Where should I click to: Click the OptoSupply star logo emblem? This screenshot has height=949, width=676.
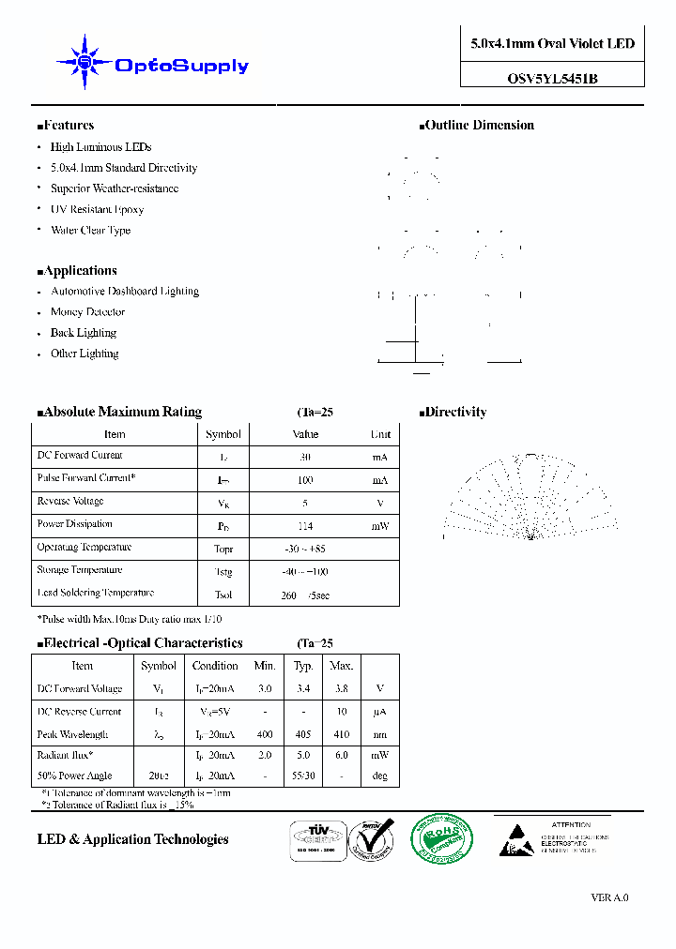coord(84,63)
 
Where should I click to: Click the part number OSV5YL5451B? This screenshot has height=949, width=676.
coord(552,80)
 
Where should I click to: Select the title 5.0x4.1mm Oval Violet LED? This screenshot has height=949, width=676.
coord(552,44)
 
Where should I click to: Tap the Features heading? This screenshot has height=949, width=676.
coord(66,126)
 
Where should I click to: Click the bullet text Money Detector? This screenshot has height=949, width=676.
coord(87,312)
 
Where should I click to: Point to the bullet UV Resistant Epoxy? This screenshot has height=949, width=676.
coord(97,209)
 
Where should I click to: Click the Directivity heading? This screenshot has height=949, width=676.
coord(453,413)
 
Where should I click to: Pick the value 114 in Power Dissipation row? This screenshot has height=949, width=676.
coord(305,526)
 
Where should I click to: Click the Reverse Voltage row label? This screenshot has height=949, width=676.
coord(70,502)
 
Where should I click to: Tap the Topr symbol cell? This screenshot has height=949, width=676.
coord(223,549)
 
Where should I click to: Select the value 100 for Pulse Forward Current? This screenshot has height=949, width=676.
coord(305,480)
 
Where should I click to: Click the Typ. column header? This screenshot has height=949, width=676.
coord(303,666)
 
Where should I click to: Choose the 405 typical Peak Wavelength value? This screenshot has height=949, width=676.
coord(303,735)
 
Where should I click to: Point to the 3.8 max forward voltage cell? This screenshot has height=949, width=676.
coord(341,688)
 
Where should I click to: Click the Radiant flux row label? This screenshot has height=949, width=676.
coord(66,754)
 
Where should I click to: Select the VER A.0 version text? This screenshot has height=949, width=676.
coord(609,898)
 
